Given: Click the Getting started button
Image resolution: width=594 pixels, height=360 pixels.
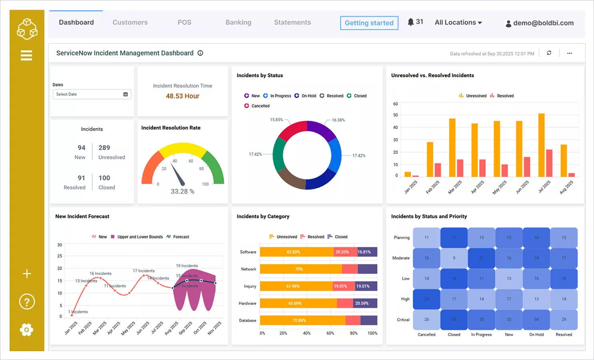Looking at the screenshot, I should click(369, 23).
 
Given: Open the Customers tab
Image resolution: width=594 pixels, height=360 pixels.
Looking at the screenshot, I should click(130, 22).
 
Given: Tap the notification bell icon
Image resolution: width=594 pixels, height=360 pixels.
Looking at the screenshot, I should click(411, 22).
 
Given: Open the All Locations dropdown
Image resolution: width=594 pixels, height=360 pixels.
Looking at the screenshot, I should click(458, 22).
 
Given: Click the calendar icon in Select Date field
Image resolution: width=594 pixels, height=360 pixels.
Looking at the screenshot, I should click(125, 94).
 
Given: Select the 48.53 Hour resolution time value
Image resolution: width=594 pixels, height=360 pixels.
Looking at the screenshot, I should click(183, 96).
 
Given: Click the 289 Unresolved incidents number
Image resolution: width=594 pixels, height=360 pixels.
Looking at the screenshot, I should click(104, 148).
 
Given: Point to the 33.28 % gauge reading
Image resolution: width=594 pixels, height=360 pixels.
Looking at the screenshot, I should click(183, 191).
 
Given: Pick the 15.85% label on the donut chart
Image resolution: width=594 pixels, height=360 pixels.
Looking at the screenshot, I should click(276, 120).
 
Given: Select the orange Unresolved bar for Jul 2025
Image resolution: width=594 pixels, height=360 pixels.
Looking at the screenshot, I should click(542, 145).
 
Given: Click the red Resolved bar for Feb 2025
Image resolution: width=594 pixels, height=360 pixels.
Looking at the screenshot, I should click(438, 170).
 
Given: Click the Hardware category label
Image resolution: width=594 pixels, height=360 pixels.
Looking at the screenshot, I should click(247, 303).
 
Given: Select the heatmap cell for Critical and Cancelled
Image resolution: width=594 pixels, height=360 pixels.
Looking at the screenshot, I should click(427, 320).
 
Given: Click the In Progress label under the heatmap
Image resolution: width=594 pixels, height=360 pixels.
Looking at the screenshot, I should click(482, 334).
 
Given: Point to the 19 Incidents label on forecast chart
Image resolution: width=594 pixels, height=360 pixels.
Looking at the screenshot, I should click(187, 266).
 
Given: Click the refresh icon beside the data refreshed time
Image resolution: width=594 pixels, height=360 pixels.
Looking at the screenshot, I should click(549, 53).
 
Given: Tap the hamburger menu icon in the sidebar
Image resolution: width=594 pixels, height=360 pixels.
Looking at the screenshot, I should click(26, 55).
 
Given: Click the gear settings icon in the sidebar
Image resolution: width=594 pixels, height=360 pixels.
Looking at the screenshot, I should click(26, 330).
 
